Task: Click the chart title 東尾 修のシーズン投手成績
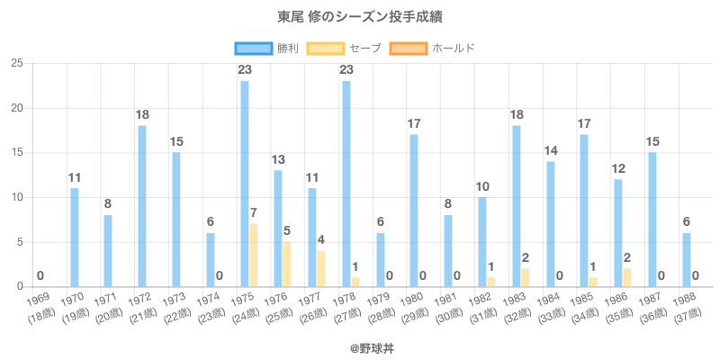360,17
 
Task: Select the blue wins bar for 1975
245,184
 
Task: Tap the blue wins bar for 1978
346,184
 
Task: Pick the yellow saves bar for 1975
254,256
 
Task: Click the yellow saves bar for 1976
287,265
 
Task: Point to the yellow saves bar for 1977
321,269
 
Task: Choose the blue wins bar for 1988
687,260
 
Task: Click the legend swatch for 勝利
253,48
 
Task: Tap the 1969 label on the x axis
38,298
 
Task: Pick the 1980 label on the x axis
411,298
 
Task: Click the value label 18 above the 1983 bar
517,115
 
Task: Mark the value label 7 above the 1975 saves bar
254,213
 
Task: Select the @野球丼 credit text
360,344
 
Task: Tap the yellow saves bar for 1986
627,278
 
